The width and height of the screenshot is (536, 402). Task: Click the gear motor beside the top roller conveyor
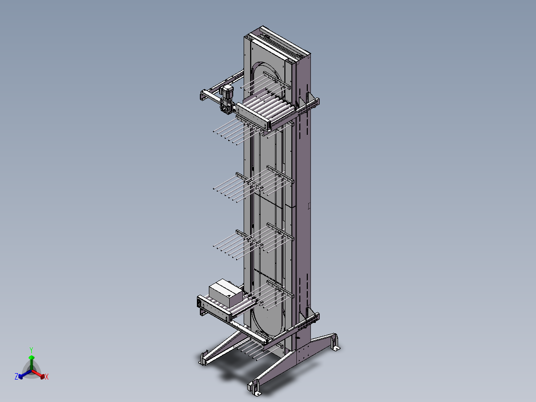pos(227,98)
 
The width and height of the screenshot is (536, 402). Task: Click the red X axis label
pos(47,377)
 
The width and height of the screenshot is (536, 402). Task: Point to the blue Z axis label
pos(16,377)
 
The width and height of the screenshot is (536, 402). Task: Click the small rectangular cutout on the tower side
pos(309,205)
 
